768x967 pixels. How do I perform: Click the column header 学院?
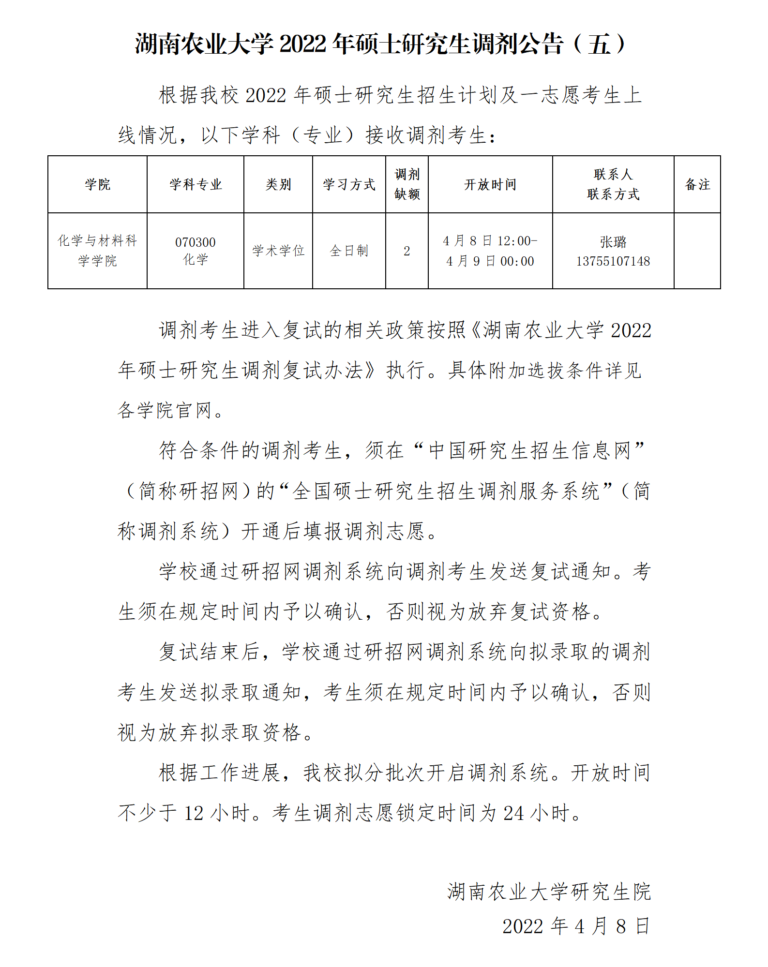pyautogui.click(x=97, y=184)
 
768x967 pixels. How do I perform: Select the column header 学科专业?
pyautogui.click(x=196, y=184)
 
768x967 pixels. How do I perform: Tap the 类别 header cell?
pyautogui.click(x=278, y=184)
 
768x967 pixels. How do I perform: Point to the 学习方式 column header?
pyautogui.click(x=349, y=184)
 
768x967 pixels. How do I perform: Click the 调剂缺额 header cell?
pyautogui.click(x=407, y=184)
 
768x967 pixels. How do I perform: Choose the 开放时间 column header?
pyautogui.click(x=490, y=184)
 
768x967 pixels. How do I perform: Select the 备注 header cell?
pyautogui.click(x=697, y=184)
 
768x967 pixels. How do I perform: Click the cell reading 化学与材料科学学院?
pyautogui.click(x=97, y=251)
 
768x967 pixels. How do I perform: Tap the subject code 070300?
pyautogui.click(x=196, y=242)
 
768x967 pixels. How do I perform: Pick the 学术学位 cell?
pyautogui.click(x=278, y=251)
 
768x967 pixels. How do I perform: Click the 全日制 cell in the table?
pyautogui.click(x=349, y=251)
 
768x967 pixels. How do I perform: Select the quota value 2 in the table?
pyautogui.click(x=407, y=251)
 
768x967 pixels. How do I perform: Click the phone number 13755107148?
pyautogui.click(x=613, y=261)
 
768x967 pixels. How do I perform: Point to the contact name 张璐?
pyautogui.click(x=613, y=241)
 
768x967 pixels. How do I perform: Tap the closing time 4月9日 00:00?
pyautogui.click(x=490, y=261)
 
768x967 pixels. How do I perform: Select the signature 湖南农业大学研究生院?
pyautogui.click(x=549, y=892)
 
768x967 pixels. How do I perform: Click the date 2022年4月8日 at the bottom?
pyautogui.click(x=575, y=926)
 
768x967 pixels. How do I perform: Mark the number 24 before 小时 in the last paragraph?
pyautogui.click(x=513, y=813)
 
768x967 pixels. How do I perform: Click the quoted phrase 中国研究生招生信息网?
pyautogui.click(x=530, y=450)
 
